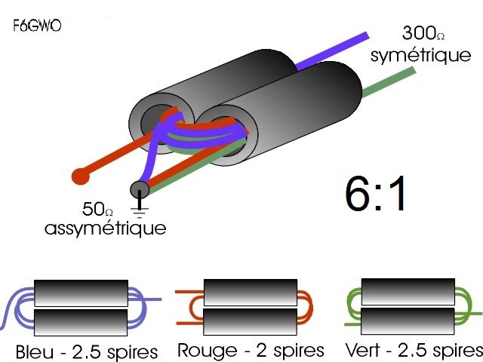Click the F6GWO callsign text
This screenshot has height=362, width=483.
pyautogui.click(x=37, y=26)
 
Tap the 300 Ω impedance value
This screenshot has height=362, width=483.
pyautogui.click(x=423, y=33)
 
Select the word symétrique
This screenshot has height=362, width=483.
pyautogui.click(x=420, y=55)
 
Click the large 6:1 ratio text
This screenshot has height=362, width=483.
pyautogui.click(x=375, y=193)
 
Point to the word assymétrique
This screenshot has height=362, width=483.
pyautogui.click(x=106, y=229)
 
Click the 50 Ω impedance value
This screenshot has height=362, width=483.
pyautogui.click(x=97, y=209)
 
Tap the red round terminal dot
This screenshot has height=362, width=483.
pyautogui.click(x=81, y=176)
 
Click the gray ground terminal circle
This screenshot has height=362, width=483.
pyautogui.click(x=140, y=189)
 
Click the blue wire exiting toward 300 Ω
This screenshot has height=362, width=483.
pyautogui.click(x=332, y=51)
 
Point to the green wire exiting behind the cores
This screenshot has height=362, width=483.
pyautogui.click(x=389, y=82)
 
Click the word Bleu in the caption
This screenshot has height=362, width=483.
pyautogui.click(x=34, y=352)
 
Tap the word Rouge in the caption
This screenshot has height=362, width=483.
pyautogui.click(x=208, y=351)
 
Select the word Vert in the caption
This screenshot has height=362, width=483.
pyautogui.click(x=362, y=350)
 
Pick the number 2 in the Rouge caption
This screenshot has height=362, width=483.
pyautogui.click(x=261, y=351)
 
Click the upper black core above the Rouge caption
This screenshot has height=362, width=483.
pyautogui.click(x=251, y=293)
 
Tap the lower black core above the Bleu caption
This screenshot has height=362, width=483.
pyautogui.click(x=81, y=322)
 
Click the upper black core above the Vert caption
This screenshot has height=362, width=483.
pyautogui.click(x=408, y=292)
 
